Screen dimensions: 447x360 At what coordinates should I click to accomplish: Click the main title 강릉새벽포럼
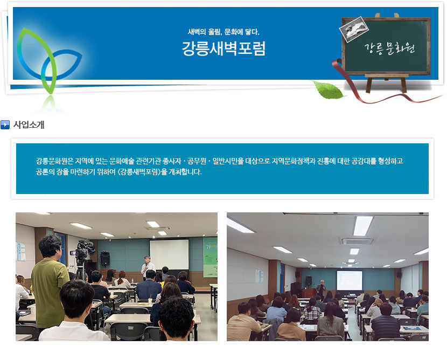click(x=224, y=48)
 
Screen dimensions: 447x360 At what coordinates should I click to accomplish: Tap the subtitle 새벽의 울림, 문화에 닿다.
click(x=224, y=32)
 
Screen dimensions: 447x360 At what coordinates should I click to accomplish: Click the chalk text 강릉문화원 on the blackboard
click(x=389, y=49)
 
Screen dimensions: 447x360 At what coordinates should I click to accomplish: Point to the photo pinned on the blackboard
click(x=354, y=29)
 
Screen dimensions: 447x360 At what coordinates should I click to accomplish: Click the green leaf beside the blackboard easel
click(x=328, y=89)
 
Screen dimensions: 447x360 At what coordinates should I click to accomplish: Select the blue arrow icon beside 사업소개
click(x=5, y=124)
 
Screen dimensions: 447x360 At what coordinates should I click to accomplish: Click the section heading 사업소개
click(x=29, y=124)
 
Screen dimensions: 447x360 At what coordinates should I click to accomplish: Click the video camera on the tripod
click(x=83, y=250)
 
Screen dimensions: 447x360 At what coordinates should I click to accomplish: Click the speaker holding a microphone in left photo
click(x=148, y=267)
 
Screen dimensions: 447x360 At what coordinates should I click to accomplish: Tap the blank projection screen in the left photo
click(x=169, y=254)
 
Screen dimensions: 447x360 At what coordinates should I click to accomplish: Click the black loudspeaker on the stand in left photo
click(x=105, y=259)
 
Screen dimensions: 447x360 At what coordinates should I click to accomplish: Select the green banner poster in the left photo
click(x=211, y=257)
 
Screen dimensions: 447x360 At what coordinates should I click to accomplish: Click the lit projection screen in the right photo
click(x=350, y=280)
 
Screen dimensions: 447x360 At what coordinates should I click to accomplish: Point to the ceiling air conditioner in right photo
click(x=358, y=241)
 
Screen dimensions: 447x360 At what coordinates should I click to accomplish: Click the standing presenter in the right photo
click(x=322, y=289)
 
